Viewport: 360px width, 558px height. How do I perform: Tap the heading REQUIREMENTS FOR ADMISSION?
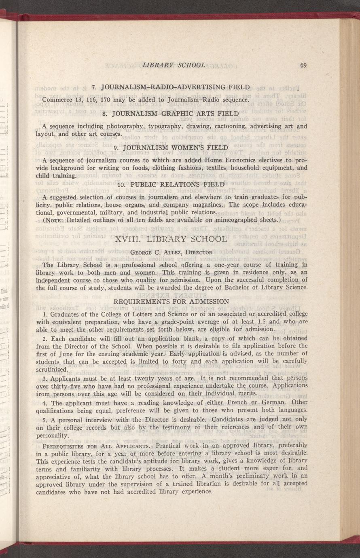(x=172, y=301)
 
